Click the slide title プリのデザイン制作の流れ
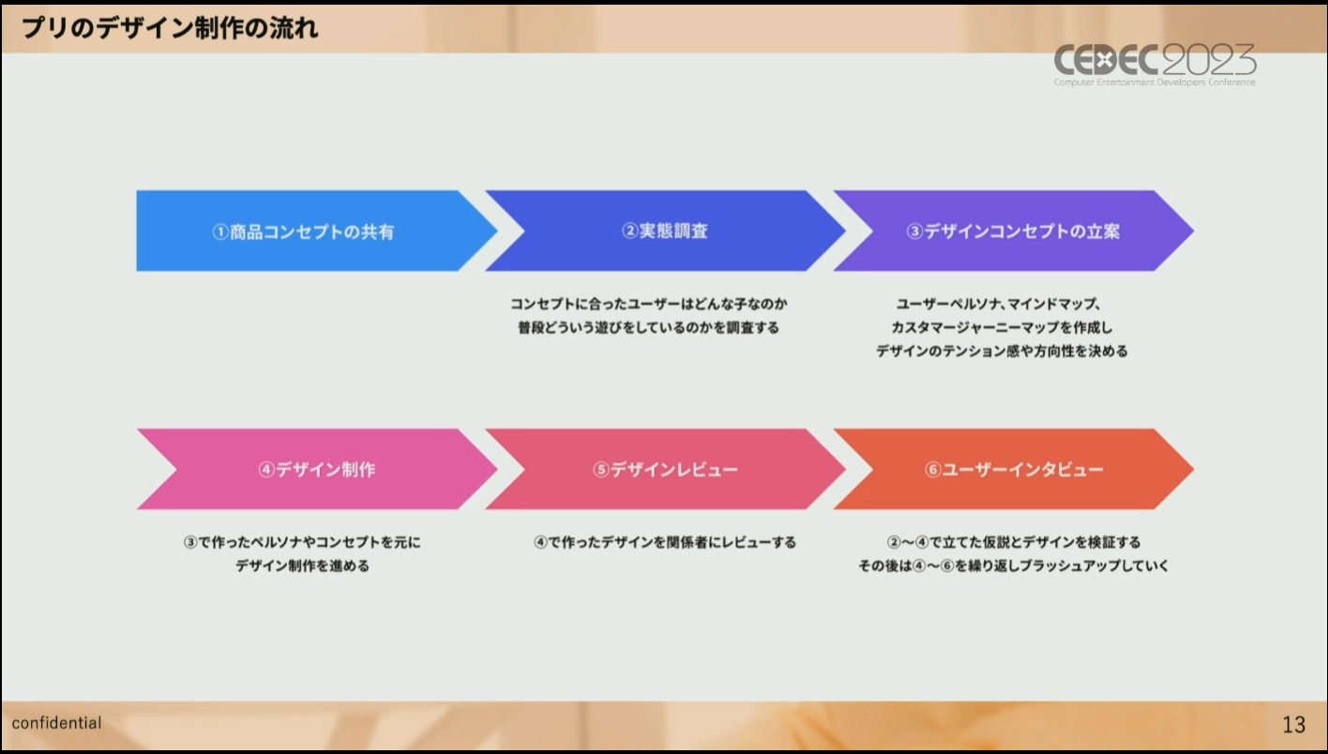point(170,28)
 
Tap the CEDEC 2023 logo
point(1154,65)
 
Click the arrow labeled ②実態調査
point(665,231)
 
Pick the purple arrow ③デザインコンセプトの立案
point(1014,231)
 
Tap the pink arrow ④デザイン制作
point(317,469)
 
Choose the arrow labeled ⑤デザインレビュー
point(665,469)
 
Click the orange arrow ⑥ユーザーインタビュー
point(1014,469)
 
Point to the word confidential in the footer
point(57,723)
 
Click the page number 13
point(1293,724)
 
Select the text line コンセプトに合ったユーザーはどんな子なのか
point(649,304)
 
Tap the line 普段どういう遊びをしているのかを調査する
point(649,328)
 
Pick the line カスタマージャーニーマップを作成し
point(1002,328)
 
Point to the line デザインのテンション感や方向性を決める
point(1002,352)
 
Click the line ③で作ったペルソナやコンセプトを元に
point(302,542)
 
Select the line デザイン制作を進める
point(302,566)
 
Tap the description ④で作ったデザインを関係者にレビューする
point(665,542)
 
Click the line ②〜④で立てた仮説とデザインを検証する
point(1014,542)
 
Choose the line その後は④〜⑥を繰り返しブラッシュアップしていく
point(1014,566)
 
